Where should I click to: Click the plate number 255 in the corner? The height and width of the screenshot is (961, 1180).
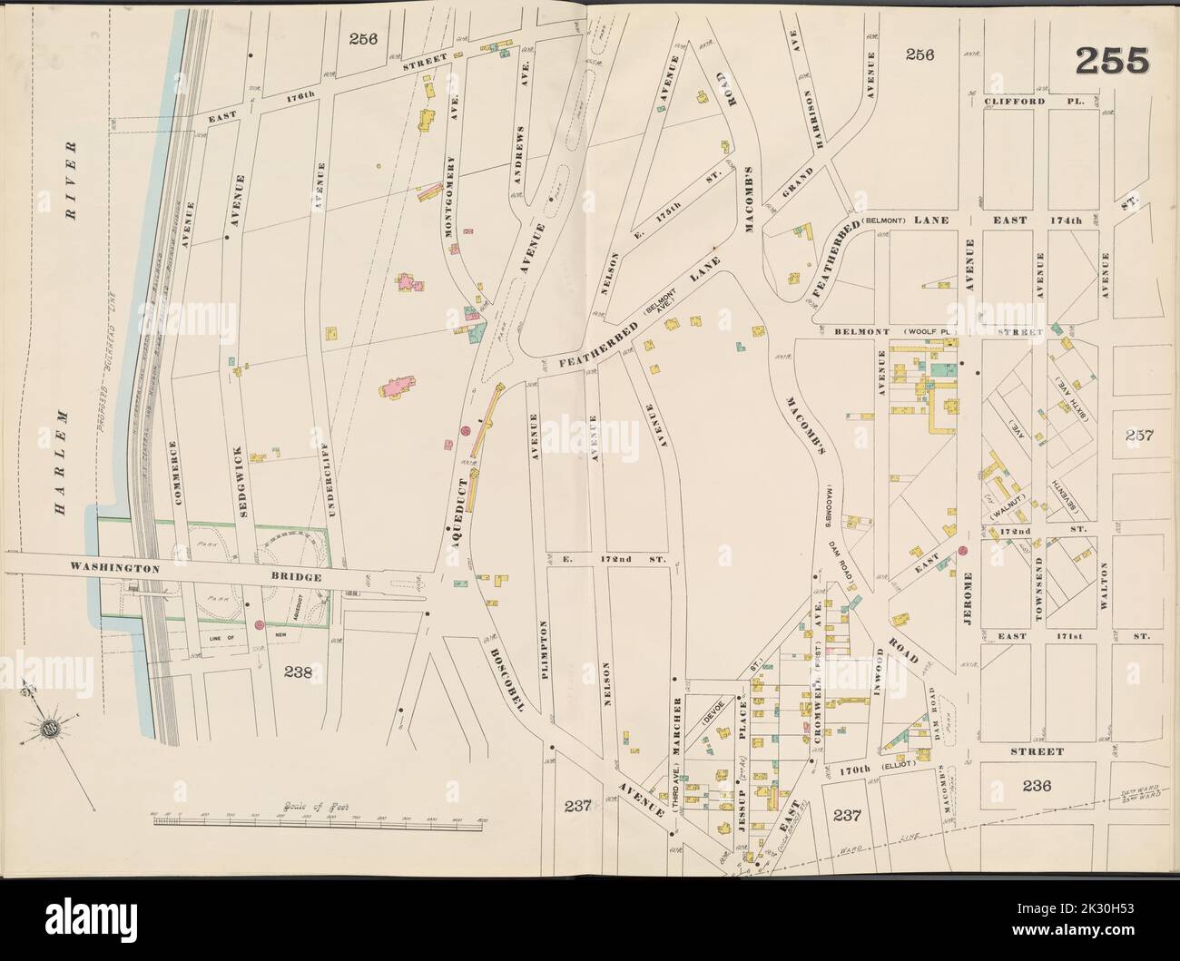(x=1113, y=62)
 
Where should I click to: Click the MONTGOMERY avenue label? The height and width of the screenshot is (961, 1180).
(x=448, y=196)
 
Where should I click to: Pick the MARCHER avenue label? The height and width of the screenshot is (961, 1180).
(x=678, y=720)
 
